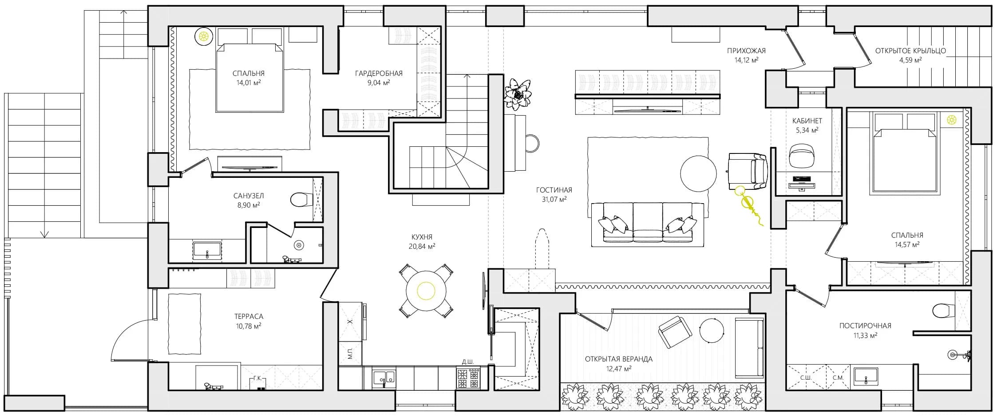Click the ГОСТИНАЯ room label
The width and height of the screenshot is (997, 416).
coord(554,190)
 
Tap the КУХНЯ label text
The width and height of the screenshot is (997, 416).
coord(422,237)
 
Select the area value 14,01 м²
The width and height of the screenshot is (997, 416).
coord(248,82)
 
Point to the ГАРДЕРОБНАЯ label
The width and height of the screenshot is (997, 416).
coord(379,73)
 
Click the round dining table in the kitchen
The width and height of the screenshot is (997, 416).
coord(426,291)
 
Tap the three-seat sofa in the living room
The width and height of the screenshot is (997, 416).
coord(647,224)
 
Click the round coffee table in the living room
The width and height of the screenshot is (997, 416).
coord(698,173)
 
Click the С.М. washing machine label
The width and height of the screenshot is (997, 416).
coord(838,378)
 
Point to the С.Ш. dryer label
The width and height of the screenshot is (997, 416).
coord(806,378)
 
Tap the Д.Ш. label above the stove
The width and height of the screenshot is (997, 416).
coord(468,362)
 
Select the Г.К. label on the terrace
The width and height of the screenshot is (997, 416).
coord(257,378)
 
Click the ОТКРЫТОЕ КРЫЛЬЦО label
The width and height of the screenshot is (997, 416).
coord(910,51)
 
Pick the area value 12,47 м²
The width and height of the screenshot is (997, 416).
coord(619,369)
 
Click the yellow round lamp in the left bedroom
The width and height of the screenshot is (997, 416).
coord(204,36)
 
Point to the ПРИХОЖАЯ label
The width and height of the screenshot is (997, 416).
coord(747,51)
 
